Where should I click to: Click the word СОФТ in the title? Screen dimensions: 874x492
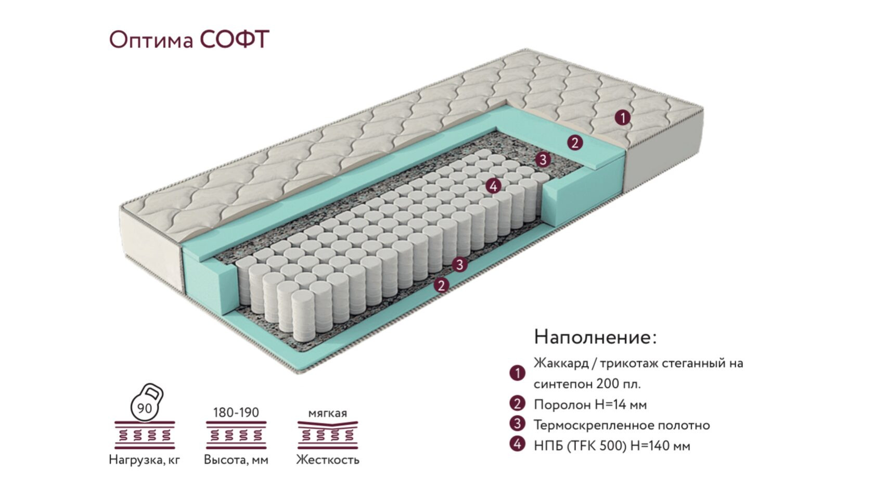point(235,39)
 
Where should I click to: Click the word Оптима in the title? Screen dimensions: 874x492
point(151,41)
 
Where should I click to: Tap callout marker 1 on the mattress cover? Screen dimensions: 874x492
point(622,118)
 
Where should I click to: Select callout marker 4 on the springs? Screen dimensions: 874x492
point(493,186)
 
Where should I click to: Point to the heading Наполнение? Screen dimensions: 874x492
point(595,336)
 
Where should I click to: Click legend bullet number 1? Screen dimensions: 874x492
point(517,373)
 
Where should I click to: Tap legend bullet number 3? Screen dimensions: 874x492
point(517,424)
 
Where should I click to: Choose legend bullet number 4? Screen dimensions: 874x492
point(517,445)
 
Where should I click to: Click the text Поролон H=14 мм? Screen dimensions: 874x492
point(590,405)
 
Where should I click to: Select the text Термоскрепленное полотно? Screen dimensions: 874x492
point(622,425)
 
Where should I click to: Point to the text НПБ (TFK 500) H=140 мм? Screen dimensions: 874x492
point(612,446)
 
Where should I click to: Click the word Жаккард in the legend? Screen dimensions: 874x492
point(561,363)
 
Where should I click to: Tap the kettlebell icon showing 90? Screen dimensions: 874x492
point(146,403)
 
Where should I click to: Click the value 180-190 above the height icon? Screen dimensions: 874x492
point(236,412)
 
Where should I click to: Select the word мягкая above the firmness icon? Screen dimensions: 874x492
point(327,413)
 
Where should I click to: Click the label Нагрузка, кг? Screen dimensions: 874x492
point(145,460)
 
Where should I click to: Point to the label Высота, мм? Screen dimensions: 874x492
point(236,460)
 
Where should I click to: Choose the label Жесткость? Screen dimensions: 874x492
point(328,460)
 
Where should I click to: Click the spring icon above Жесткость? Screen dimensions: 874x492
point(328,435)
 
